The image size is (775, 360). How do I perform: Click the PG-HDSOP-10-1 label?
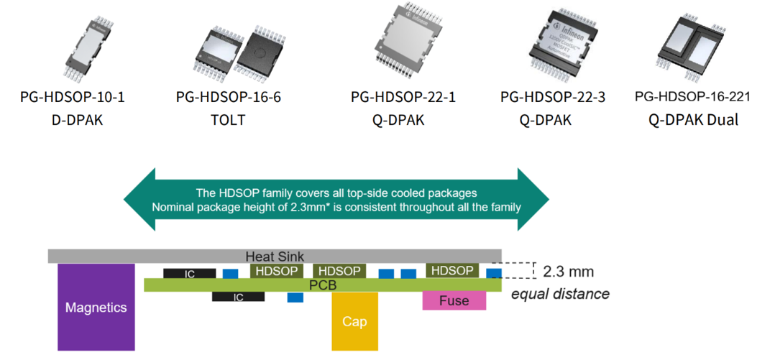click(x=73, y=97)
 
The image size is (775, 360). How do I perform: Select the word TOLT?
click(x=227, y=119)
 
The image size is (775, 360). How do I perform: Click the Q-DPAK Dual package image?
click(x=693, y=44)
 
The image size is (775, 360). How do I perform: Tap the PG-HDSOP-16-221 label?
click(x=693, y=96)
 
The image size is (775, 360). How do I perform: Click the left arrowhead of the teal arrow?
click(x=141, y=199)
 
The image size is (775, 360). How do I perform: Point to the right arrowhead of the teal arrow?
click(x=532, y=199)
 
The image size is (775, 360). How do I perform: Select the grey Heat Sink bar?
click(x=274, y=256)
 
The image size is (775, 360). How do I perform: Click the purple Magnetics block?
click(x=96, y=307)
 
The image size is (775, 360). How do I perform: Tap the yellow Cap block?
click(x=354, y=320)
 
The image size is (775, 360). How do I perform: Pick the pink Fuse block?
click(x=454, y=300)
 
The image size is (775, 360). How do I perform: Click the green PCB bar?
click(x=323, y=285)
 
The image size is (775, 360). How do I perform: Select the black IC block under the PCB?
click(x=238, y=296)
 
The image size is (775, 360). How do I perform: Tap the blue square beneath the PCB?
click(x=295, y=297)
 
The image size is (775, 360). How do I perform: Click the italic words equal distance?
click(x=560, y=294)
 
